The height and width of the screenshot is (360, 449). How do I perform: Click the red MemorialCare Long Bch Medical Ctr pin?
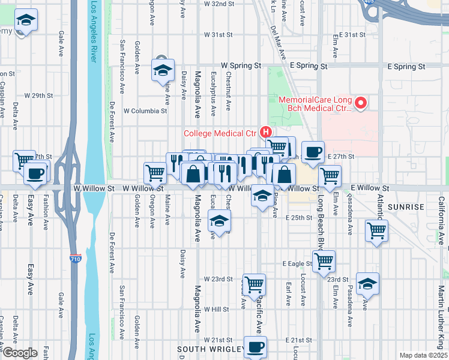[x=361, y=104]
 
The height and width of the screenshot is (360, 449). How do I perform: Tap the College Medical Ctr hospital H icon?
[x=265, y=132]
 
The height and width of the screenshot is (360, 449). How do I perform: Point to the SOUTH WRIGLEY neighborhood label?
[x=210, y=349]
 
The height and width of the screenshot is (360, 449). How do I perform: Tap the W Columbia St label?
[x=145, y=111]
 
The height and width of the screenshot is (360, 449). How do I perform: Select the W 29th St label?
[x=38, y=95]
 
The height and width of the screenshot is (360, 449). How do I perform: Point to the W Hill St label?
[x=216, y=310]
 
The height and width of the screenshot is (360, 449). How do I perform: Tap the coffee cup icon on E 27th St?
[x=313, y=152]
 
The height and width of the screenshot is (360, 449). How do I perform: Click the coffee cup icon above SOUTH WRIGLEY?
[x=255, y=347]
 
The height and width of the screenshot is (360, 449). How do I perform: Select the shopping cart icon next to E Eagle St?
[x=323, y=260]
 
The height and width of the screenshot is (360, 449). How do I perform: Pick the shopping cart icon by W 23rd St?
[x=254, y=284]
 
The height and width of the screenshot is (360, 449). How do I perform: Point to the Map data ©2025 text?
[x=423, y=355]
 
